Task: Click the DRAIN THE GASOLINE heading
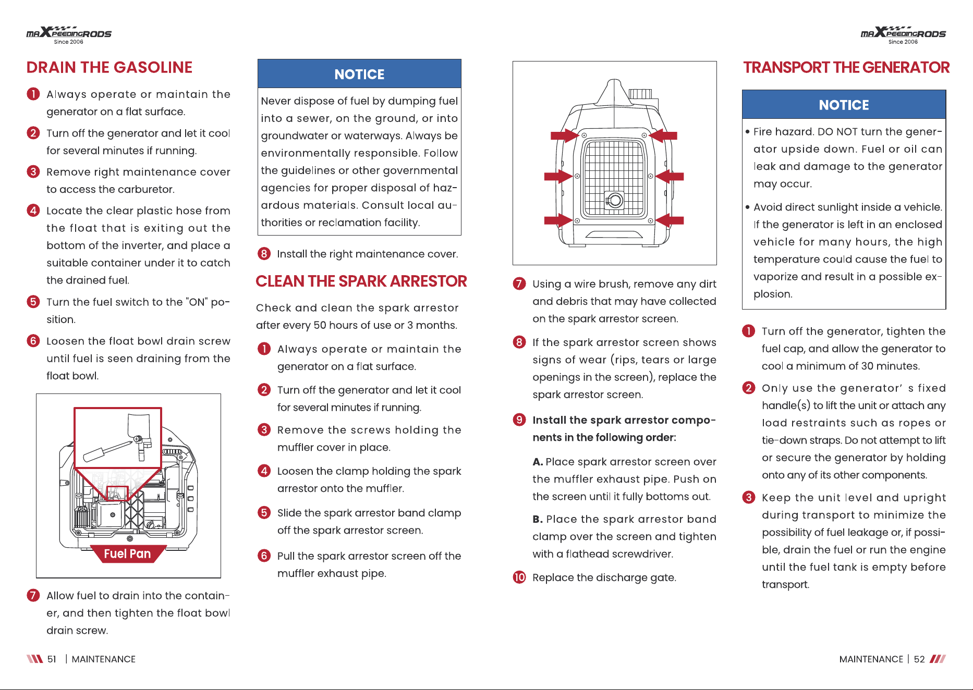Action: coord(110,67)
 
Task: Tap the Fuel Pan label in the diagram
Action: coord(128,553)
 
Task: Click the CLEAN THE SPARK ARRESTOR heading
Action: coord(361,281)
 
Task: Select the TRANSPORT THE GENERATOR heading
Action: coord(846,67)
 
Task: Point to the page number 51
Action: coord(52,659)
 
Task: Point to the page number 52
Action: coord(919,659)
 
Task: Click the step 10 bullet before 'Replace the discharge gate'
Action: coord(519,577)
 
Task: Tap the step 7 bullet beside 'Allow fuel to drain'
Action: coord(33,595)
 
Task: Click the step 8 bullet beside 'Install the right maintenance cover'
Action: coord(264,254)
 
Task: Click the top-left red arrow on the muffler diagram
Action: coord(565,135)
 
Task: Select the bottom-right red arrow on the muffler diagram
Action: coord(670,220)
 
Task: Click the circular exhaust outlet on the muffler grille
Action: coord(615,200)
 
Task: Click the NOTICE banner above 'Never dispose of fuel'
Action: coord(359,74)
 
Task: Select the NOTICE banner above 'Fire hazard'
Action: coord(844,105)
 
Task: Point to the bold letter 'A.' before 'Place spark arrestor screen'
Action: coord(538,462)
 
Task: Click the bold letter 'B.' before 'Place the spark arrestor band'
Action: coord(538,519)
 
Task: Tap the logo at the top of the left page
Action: coord(69,35)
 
